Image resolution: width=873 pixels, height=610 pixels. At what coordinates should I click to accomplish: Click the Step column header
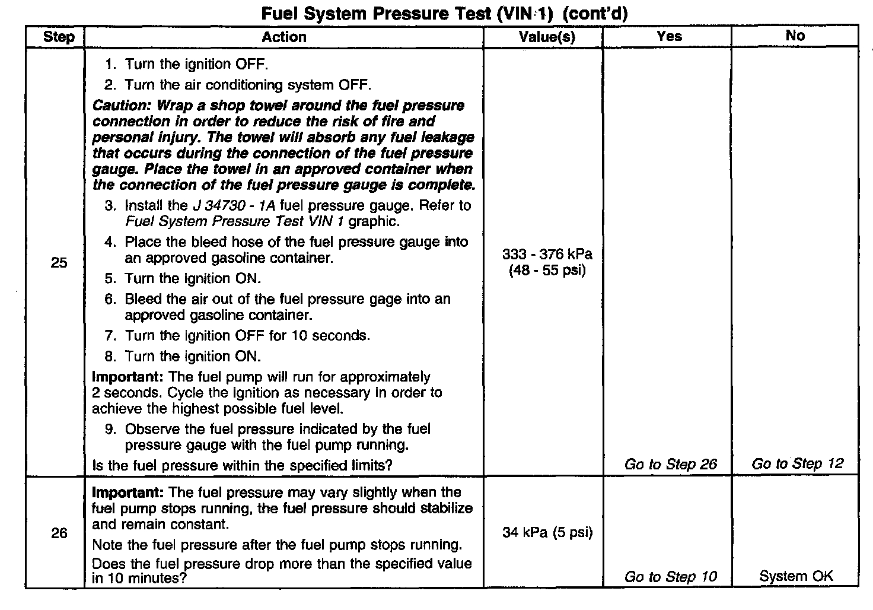pyautogui.click(x=59, y=37)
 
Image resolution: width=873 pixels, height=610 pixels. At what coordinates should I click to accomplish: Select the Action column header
pyautogui.click(x=284, y=37)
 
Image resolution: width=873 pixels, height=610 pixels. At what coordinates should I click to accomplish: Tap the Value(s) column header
pyautogui.click(x=546, y=37)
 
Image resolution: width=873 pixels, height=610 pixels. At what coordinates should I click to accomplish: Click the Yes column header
pyautogui.click(x=669, y=36)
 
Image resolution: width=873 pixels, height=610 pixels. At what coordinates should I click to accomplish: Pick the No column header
pyautogui.click(x=795, y=36)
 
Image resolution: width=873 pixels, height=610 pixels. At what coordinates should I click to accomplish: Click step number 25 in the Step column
pyautogui.click(x=59, y=262)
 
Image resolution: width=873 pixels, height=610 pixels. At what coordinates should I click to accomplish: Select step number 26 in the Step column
pyautogui.click(x=59, y=533)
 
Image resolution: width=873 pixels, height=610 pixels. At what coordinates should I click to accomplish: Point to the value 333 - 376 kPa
pyautogui.click(x=547, y=255)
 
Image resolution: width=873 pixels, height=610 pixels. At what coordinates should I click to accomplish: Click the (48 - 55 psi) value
pyautogui.click(x=547, y=271)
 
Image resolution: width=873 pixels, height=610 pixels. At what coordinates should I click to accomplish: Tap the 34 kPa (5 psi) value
pyautogui.click(x=547, y=532)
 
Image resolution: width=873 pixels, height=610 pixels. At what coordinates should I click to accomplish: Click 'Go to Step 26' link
pyautogui.click(x=670, y=464)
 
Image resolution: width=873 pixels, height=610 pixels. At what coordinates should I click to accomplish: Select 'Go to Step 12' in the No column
pyautogui.click(x=797, y=463)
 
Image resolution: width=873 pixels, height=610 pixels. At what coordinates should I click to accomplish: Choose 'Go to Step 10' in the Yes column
pyautogui.click(x=670, y=576)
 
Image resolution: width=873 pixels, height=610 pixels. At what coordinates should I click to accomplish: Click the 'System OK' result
pyautogui.click(x=796, y=576)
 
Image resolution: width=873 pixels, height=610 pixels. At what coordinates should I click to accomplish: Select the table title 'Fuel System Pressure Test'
pyautogui.click(x=376, y=13)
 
